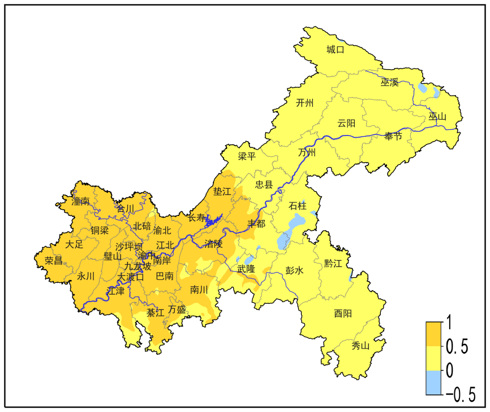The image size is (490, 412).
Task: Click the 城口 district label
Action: click(x=336, y=49)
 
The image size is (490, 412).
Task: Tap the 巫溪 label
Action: click(x=389, y=83)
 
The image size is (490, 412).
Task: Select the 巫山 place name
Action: click(x=437, y=117)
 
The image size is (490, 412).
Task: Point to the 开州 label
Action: click(x=304, y=103)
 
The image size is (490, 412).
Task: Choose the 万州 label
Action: click(x=307, y=153)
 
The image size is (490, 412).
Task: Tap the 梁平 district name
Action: click(x=247, y=156)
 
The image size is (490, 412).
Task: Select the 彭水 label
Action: click(x=295, y=271)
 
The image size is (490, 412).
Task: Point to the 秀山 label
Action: click(x=360, y=346)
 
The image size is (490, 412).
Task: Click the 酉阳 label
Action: click(x=342, y=313)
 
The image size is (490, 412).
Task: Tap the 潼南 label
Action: click(x=80, y=201)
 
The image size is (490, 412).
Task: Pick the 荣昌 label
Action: click(x=54, y=261)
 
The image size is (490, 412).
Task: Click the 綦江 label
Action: click(x=155, y=312)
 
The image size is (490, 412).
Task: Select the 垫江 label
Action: click(x=222, y=192)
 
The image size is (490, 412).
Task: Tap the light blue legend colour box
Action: click(x=435, y=383)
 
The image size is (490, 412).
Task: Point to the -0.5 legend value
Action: click(x=461, y=394)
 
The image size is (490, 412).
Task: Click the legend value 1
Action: click(x=449, y=324)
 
